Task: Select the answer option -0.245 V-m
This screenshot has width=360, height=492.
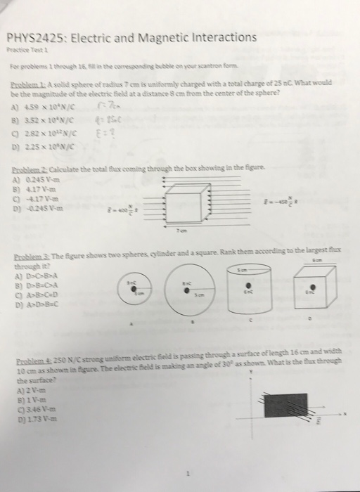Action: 35,205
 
